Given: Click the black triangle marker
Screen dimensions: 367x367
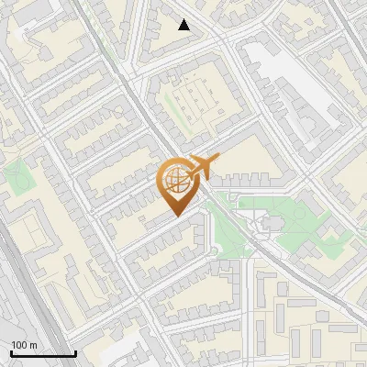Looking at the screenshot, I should click(x=184, y=25).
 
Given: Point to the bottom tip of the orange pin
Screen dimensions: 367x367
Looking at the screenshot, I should click(x=175, y=216).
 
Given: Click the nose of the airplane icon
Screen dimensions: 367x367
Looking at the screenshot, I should click(x=217, y=159).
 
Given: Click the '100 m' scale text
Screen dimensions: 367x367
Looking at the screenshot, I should click(x=24, y=345).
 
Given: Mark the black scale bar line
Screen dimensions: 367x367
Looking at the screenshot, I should click(x=43, y=353).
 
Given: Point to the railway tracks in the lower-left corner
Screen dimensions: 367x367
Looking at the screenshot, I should click(x=18, y=294).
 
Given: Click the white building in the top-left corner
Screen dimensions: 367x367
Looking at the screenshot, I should click(x=28, y=37).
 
